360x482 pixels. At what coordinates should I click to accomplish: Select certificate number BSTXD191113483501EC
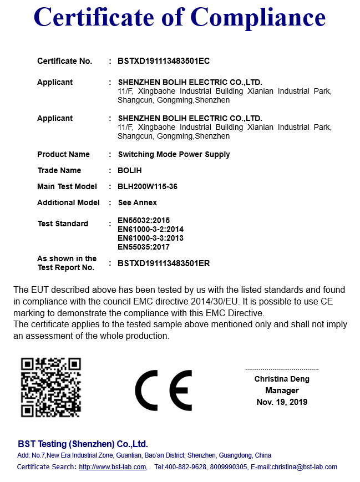pyautogui.click(x=164, y=61)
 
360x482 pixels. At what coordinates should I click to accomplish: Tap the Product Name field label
pyautogui.click(x=63, y=154)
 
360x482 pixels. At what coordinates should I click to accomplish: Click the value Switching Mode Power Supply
pyautogui.click(x=174, y=154)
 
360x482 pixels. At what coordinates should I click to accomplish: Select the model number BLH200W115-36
pyautogui.click(x=148, y=186)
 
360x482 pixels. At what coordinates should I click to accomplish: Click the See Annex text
pyautogui.click(x=138, y=202)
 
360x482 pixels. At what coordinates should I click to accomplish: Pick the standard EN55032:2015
pyautogui.click(x=144, y=220)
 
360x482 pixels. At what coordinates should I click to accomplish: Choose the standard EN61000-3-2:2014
pyautogui.click(x=150, y=229)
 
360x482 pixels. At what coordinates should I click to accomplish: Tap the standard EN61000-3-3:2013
pyautogui.click(x=150, y=238)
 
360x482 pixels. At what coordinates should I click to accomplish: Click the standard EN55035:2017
pyautogui.click(x=144, y=247)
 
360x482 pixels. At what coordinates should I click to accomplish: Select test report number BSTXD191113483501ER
pyautogui.click(x=164, y=263)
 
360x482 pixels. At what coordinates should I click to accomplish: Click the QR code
pyautogui.click(x=51, y=387)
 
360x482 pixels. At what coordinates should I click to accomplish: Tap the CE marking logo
pyautogui.click(x=163, y=390)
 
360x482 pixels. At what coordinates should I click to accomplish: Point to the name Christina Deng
pyautogui.click(x=282, y=379)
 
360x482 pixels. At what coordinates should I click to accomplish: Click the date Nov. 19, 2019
pyautogui.click(x=282, y=402)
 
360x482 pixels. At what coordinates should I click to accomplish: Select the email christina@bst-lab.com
pyautogui.click(x=302, y=467)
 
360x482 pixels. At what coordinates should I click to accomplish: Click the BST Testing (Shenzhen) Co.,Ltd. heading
pyautogui.click(x=83, y=444)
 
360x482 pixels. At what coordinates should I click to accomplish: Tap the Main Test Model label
pyautogui.click(x=67, y=186)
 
